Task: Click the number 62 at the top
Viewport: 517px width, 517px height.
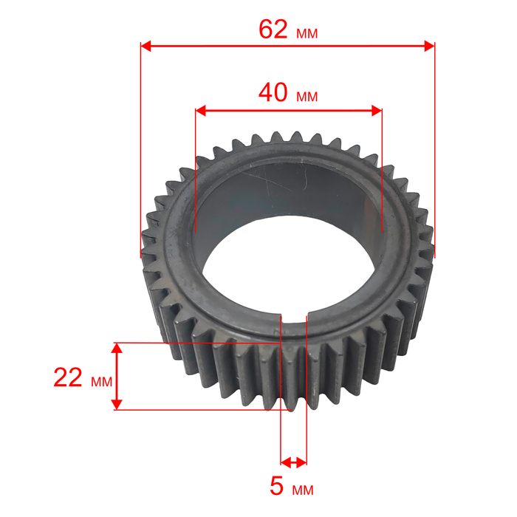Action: click(x=273, y=30)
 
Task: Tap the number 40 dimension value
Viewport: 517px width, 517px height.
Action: click(x=273, y=92)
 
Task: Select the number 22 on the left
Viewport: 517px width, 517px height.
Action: click(x=68, y=377)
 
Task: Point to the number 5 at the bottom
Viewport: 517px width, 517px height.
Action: click(x=276, y=486)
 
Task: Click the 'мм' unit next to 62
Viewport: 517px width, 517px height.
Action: click(x=307, y=33)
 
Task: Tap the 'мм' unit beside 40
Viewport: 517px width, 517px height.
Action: click(x=307, y=97)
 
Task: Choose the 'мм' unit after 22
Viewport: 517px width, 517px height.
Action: click(x=102, y=382)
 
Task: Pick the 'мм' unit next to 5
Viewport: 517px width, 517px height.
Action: click(x=303, y=490)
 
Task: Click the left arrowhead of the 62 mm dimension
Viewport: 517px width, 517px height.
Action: click(x=146, y=46)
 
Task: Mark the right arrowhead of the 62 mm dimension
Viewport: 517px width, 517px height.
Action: click(x=429, y=46)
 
